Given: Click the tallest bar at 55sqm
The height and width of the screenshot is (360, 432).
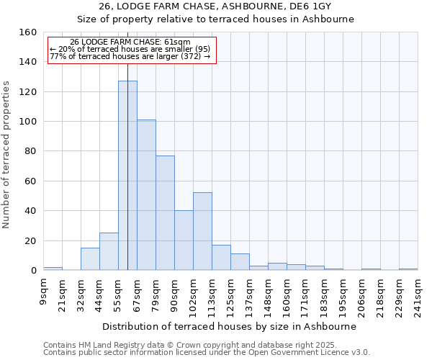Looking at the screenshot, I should click(x=127, y=176).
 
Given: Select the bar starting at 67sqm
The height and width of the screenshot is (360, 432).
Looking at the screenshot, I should click(x=146, y=195).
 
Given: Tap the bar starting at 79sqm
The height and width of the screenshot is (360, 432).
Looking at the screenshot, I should click(x=165, y=213).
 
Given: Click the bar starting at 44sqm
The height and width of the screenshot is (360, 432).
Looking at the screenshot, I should click(x=109, y=252).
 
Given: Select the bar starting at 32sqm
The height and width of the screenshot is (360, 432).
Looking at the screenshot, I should click(x=90, y=259).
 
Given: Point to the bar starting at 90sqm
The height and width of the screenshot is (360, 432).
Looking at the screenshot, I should click(x=184, y=240).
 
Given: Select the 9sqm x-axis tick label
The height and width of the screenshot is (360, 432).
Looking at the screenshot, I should click(x=44, y=291).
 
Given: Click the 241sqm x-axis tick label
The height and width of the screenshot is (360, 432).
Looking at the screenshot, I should click(x=418, y=294).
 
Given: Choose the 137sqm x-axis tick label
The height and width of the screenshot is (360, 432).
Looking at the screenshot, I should click(x=249, y=294).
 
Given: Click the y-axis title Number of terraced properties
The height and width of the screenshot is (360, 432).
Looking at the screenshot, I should click(x=7, y=155).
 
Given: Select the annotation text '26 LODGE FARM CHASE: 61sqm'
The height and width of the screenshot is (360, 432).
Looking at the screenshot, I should click(x=130, y=42).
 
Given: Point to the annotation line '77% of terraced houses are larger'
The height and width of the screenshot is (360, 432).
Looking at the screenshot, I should click(x=130, y=56).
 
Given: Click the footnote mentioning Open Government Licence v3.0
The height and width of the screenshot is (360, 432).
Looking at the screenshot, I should click(x=206, y=353).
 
